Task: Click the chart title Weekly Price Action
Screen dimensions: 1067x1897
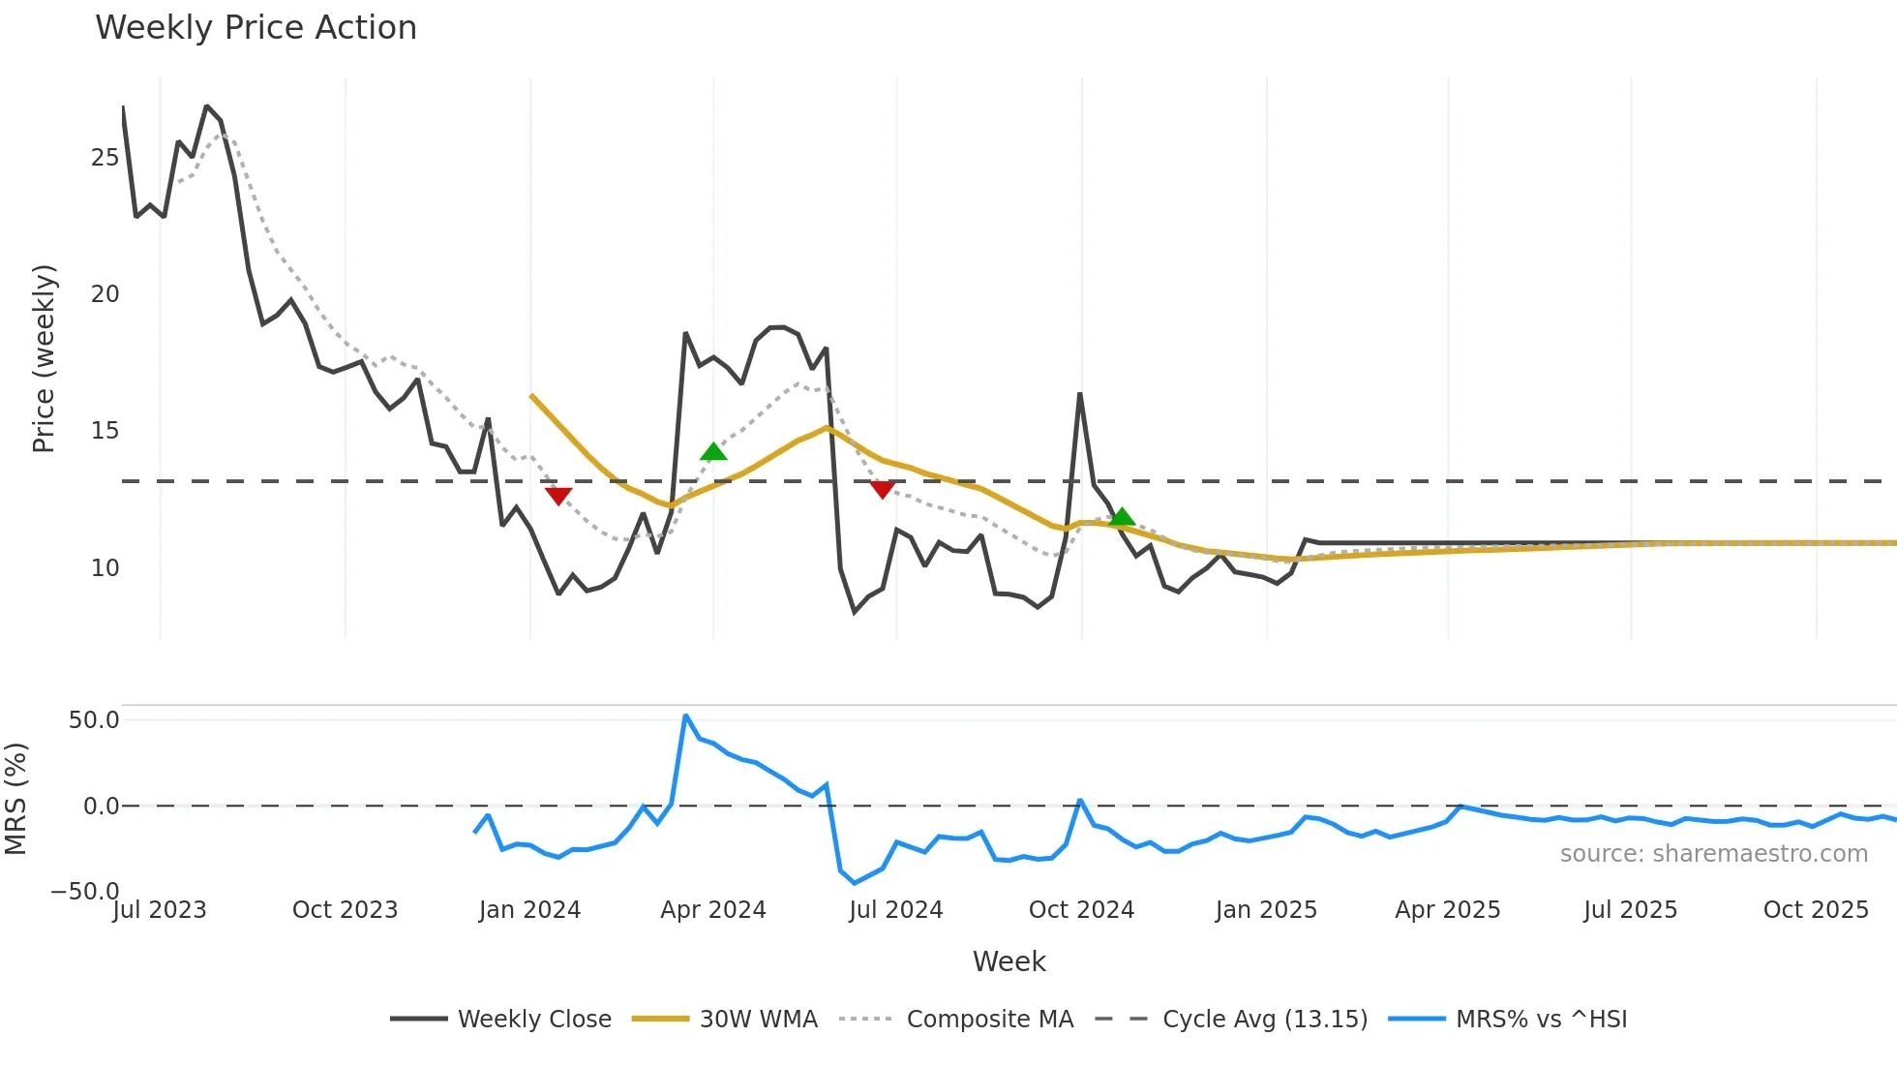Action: coord(256,28)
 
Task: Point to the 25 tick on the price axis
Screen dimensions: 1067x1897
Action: coord(105,158)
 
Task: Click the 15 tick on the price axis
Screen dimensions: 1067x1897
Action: coord(105,431)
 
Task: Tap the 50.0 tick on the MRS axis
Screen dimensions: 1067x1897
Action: coord(94,720)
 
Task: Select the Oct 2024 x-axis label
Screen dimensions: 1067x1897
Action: coord(1081,910)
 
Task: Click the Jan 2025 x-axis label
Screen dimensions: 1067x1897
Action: coord(1266,910)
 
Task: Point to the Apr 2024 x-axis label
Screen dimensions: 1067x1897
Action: coord(713,910)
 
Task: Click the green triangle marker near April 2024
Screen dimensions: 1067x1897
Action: coord(713,452)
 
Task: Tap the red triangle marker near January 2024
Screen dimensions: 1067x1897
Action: coord(558,496)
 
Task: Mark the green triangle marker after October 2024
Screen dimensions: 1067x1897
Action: coord(1122,517)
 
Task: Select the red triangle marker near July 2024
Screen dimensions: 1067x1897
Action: coord(882,489)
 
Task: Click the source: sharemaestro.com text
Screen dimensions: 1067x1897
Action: coord(1713,854)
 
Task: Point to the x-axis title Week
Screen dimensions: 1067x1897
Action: coord(1009,961)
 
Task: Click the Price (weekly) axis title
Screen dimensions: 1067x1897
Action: coord(45,358)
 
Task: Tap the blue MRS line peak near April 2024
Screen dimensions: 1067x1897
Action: coord(685,716)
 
